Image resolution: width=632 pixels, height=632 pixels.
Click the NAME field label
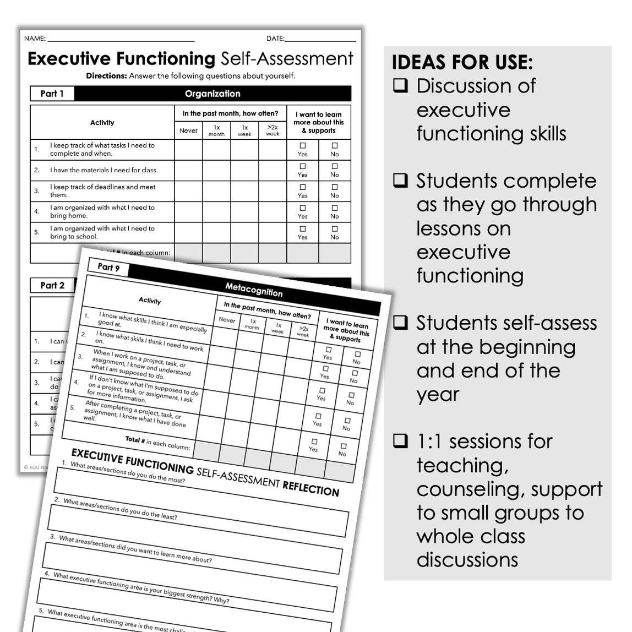coord(35,39)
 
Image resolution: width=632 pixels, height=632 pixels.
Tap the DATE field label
coord(275,39)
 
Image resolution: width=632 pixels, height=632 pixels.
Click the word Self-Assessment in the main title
coord(287,58)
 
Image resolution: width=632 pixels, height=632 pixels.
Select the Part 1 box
coord(52,94)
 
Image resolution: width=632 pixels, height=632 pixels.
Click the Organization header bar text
coord(213,94)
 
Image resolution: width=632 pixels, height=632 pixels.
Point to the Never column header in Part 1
coord(188,130)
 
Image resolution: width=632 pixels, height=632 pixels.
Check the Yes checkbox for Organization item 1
coord(303,146)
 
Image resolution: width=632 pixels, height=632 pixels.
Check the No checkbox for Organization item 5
coord(335,228)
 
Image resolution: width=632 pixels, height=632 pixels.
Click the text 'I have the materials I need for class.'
coord(103,170)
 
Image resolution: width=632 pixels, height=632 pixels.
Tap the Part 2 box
coord(52,285)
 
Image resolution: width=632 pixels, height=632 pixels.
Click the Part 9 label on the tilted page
coord(108,268)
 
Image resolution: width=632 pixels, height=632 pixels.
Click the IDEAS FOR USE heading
coord(462,62)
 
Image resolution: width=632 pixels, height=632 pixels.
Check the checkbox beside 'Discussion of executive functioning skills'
coord(400,86)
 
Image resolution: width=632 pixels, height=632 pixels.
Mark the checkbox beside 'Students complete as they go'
coord(400,181)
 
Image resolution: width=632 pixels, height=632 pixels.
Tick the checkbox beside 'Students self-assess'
coord(400,323)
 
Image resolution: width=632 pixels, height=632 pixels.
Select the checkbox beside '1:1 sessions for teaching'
coord(400,442)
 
